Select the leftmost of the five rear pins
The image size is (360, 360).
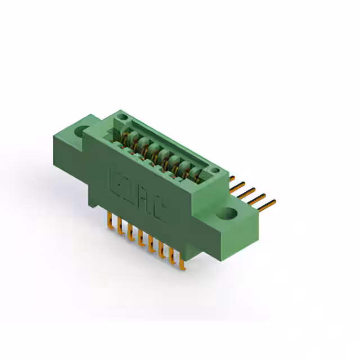(232, 179)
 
